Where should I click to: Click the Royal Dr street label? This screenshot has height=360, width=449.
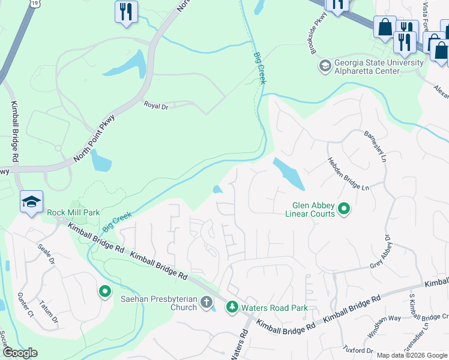click(x=155, y=104)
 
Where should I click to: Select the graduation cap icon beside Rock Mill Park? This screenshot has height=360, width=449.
click(x=31, y=203)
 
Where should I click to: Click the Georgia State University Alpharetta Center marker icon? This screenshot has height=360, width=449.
click(x=325, y=65)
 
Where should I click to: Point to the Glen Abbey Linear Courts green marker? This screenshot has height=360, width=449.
click(x=344, y=209)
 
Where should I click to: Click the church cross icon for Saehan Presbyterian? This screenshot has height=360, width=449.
click(x=206, y=302)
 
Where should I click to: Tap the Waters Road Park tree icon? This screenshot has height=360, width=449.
click(x=232, y=307)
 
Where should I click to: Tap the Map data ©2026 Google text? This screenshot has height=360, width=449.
click(x=412, y=355)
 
